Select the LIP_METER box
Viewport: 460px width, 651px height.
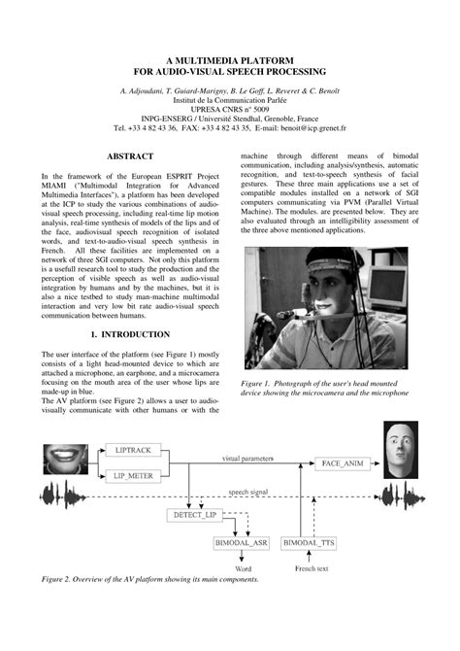pyautogui.click(x=134, y=474)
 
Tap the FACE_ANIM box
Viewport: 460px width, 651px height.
pyautogui.click(x=342, y=463)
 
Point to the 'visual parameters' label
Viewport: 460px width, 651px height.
pyautogui.click(x=248, y=457)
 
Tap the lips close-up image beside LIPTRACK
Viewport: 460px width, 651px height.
pyautogui.click(x=66, y=456)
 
